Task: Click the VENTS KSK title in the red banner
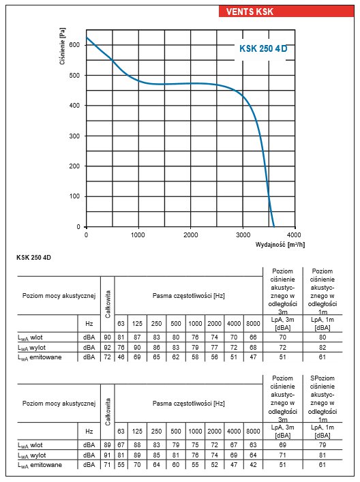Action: point(250,12)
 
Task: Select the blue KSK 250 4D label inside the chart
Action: point(263,48)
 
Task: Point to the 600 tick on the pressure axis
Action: point(74,45)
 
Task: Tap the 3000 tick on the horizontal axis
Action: point(243,235)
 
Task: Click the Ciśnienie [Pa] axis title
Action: point(63,46)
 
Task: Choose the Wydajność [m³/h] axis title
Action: point(280,245)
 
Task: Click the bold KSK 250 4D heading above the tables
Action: point(33,258)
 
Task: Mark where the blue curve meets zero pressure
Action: point(274,226)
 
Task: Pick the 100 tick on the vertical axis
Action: point(74,196)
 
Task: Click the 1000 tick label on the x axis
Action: point(138,235)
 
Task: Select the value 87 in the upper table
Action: point(137,337)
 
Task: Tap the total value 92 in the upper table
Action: point(107,348)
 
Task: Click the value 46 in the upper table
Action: point(121,357)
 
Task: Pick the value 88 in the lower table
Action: point(137,445)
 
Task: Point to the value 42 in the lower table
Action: point(253,465)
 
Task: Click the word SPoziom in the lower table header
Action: point(322,378)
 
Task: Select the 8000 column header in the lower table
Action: point(253,432)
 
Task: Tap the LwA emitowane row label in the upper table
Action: point(40,357)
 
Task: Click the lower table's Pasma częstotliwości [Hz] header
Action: point(188,404)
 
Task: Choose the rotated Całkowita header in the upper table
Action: point(108,304)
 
